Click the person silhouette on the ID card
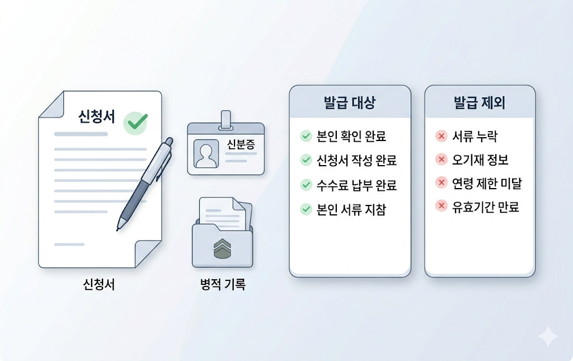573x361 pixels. (205, 153)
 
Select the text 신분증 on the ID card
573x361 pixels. (241, 144)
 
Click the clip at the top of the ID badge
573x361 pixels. (226, 119)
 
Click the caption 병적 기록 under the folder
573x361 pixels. (222, 284)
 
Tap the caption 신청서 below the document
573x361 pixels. (98, 284)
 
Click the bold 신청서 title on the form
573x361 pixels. (97, 117)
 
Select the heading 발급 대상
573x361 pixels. (350, 103)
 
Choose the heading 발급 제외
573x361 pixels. (480, 103)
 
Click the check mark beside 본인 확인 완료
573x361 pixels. (306, 136)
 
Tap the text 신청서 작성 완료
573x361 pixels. (356, 161)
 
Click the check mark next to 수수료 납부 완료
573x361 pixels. (306, 185)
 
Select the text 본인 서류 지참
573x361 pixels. (351, 210)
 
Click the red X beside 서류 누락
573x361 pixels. (441, 136)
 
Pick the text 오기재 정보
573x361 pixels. (480, 160)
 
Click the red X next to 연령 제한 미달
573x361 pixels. (441, 184)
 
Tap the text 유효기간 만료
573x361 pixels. (486, 208)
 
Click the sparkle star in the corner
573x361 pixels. (548, 337)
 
